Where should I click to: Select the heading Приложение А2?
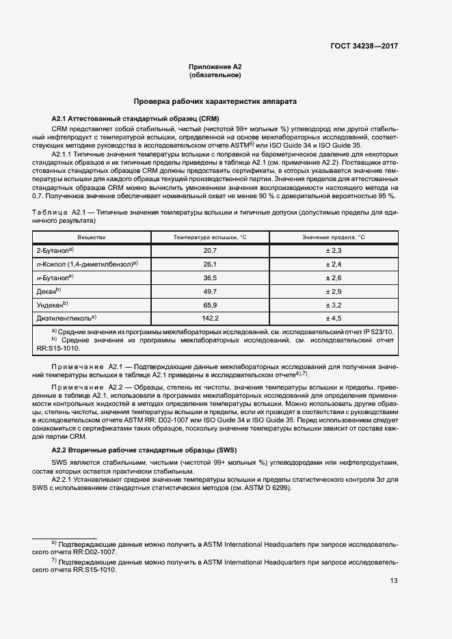click(215, 66)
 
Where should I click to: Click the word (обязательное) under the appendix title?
click(215, 75)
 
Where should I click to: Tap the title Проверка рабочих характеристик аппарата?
click(215, 101)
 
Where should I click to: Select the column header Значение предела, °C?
click(334, 236)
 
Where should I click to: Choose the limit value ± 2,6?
click(334, 278)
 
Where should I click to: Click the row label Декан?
click(49, 291)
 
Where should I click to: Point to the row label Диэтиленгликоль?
click(66, 318)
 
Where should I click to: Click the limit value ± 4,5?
click(334, 318)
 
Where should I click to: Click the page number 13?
click(393, 582)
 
